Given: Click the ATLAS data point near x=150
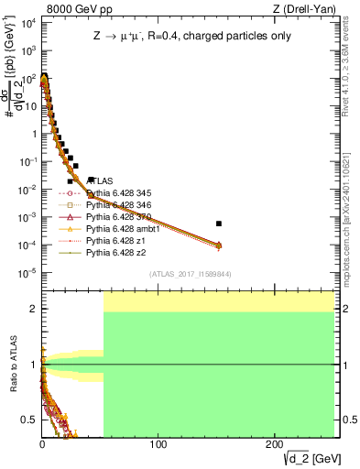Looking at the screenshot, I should [218, 224].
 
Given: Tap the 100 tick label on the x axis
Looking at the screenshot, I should [158, 444].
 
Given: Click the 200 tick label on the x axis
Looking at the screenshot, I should [274, 444].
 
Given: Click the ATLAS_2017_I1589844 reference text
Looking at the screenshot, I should [191, 274].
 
